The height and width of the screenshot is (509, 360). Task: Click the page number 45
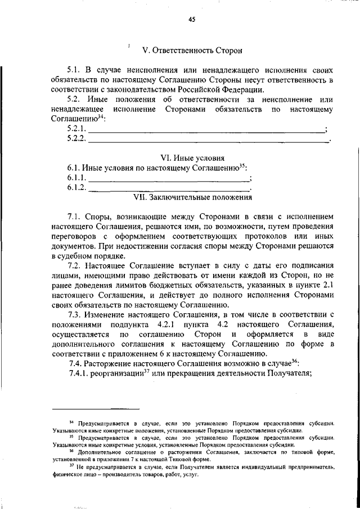[191, 20]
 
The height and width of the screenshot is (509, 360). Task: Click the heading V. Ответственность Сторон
[192, 51]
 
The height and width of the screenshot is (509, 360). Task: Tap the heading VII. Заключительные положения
[192, 197]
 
